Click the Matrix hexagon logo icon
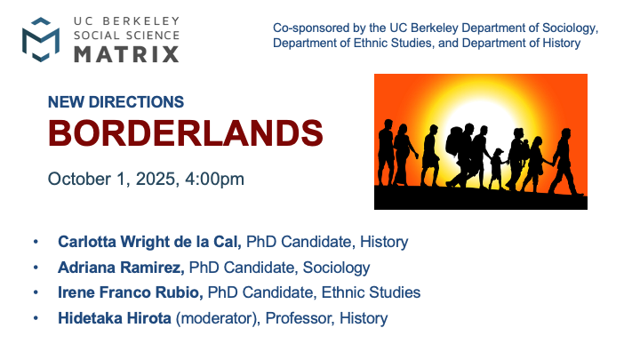(x=42, y=40)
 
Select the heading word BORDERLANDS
(x=185, y=133)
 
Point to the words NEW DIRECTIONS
(x=116, y=102)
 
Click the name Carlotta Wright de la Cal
(x=149, y=242)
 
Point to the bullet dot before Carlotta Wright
(x=36, y=242)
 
